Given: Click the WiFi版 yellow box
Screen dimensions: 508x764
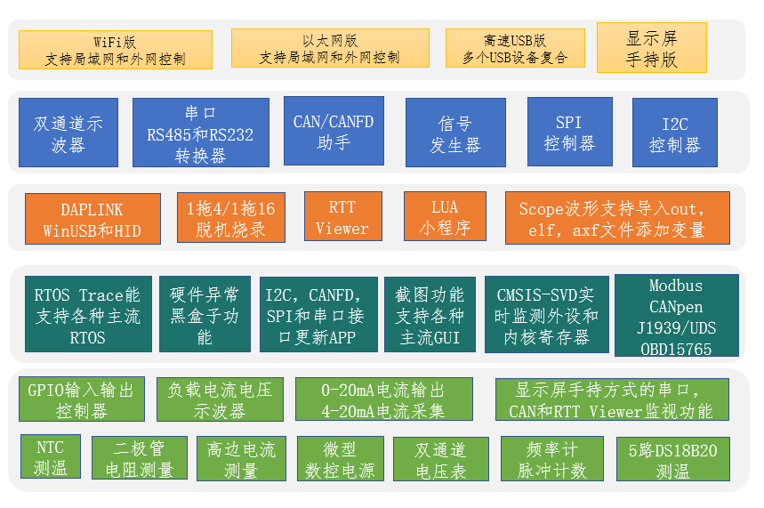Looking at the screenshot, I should pyautogui.click(x=116, y=50).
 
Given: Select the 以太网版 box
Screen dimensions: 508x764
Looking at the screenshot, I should pyautogui.click(x=329, y=48).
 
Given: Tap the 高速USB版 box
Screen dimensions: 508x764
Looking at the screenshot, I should pyautogui.click(x=515, y=50).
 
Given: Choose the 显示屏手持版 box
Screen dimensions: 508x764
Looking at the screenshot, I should pyautogui.click(x=652, y=48).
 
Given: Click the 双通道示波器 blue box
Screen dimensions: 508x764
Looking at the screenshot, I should pyautogui.click(x=68, y=133).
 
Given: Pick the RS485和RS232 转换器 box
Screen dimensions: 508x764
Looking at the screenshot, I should pyautogui.click(x=200, y=133).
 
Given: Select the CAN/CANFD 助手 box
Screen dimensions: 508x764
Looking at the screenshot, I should pyautogui.click(x=334, y=130).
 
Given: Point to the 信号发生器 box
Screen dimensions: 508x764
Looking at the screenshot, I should pyautogui.click(x=455, y=133).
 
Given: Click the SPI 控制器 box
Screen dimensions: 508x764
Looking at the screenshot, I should pyautogui.click(x=568, y=133).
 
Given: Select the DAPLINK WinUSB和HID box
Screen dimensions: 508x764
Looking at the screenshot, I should pyautogui.click(x=92, y=219).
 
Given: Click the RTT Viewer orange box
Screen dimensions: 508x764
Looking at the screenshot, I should pyautogui.click(x=342, y=217).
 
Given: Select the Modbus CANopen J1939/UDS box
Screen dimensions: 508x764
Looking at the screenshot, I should pyautogui.click(x=676, y=314).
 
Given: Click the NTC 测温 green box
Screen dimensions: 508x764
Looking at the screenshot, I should pyautogui.click(x=51, y=456).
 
